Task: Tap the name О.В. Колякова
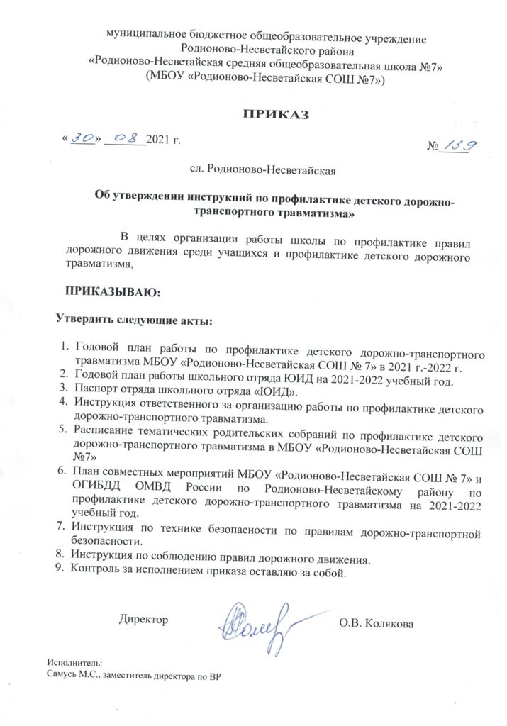(376, 623)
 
